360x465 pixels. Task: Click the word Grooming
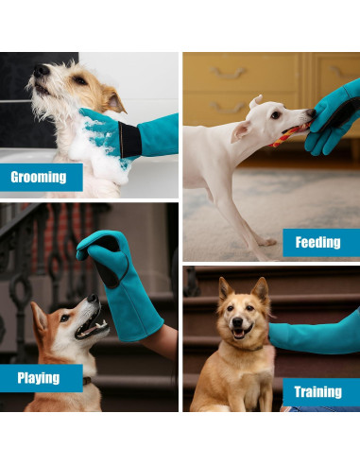coord(39,177)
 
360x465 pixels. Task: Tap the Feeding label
coord(317,242)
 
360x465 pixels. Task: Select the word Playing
coord(39,378)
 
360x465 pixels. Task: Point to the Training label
coord(317,392)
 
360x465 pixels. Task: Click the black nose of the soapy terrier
coord(42,71)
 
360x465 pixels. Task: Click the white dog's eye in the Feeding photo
coord(275,115)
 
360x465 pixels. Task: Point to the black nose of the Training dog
coord(237,321)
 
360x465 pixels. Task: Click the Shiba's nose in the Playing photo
coord(94,298)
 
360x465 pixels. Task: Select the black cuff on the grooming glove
coord(129,139)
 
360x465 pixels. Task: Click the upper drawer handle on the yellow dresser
coord(227,73)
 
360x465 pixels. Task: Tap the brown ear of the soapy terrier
coord(114,99)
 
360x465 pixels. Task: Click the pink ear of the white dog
coord(240,131)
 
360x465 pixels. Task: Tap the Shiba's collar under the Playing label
coord(87,381)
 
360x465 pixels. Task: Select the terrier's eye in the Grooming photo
coord(79,80)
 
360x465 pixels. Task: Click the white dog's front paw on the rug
coord(266,242)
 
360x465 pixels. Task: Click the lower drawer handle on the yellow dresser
coord(227,108)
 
